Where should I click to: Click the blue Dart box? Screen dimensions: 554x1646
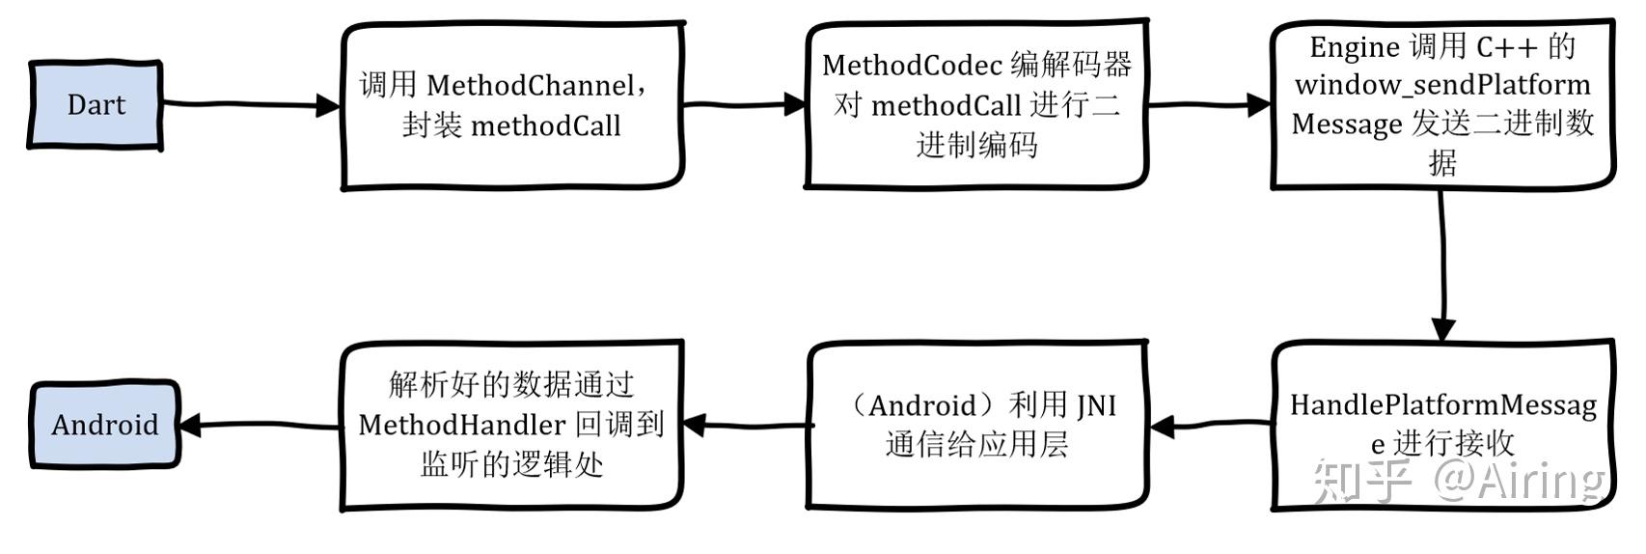tap(95, 105)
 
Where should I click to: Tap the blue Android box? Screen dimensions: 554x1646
tap(104, 425)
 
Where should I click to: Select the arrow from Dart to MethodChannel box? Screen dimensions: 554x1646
tap(251, 104)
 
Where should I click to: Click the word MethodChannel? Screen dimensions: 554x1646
tap(530, 86)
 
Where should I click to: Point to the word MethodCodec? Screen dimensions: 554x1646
tap(912, 66)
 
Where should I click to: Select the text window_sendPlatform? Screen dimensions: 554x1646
tap(1442, 85)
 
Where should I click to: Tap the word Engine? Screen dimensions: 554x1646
tap(1354, 46)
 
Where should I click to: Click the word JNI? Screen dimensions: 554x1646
tap(1096, 405)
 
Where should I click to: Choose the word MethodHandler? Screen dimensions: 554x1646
tap(461, 425)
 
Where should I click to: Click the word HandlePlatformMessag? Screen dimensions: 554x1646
tap(1442, 405)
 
